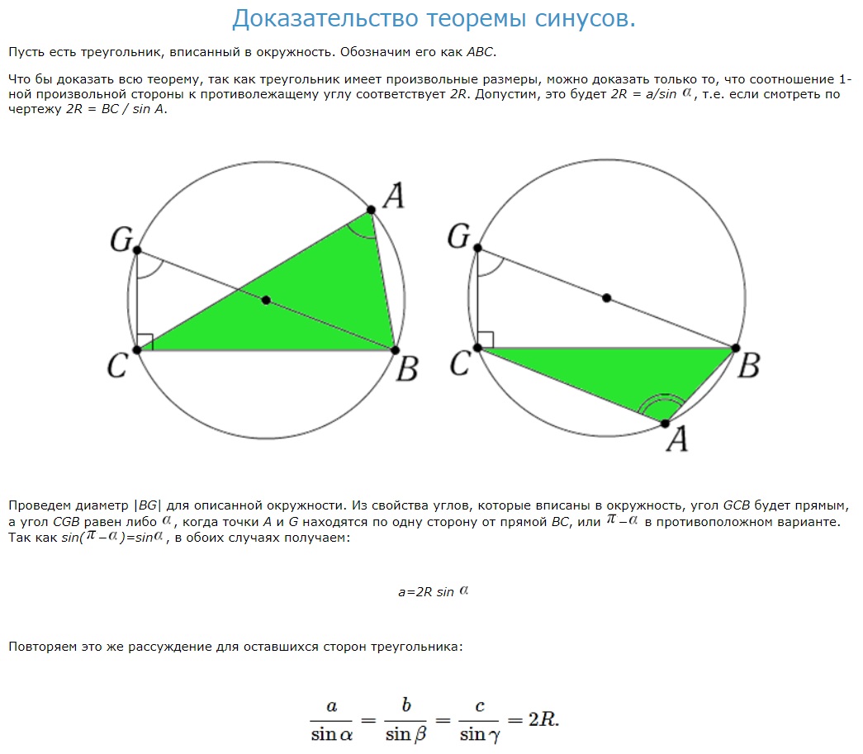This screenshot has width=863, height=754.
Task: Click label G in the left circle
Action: point(121,240)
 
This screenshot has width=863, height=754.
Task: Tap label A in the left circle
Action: point(393,196)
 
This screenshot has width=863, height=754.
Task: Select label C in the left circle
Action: point(116,366)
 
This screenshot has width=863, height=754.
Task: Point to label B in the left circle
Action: point(405,369)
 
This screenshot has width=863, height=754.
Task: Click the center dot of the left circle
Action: point(265,300)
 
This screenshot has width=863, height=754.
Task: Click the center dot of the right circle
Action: point(607,297)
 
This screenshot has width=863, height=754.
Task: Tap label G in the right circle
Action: point(458,236)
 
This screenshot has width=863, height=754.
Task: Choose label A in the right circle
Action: point(676,440)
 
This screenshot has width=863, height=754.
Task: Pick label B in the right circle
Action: point(747,365)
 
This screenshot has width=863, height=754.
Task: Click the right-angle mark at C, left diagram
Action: point(145,341)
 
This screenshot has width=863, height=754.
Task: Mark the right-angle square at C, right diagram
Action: point(486,339)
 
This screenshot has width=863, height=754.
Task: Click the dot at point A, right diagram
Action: point(665,424)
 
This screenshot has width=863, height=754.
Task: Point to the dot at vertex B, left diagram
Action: point(395,349)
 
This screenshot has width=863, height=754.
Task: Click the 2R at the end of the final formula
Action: point(543,718)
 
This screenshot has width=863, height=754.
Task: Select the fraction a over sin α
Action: point(331,719)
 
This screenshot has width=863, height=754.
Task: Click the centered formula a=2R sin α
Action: point(433,591)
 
